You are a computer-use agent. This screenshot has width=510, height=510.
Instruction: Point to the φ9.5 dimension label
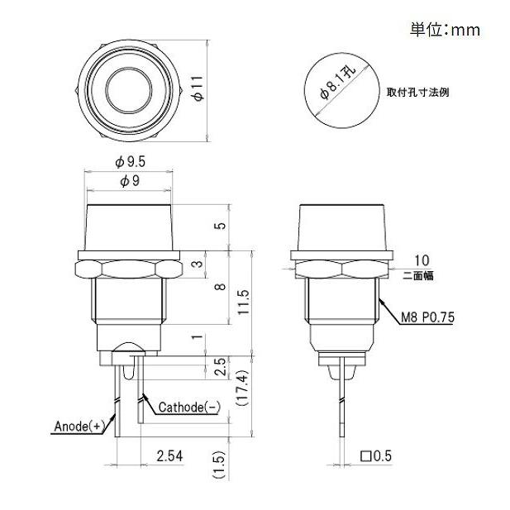point(131,162)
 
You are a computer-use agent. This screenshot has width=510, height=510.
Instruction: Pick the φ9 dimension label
point(131,182)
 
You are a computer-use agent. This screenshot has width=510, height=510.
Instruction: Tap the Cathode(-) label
point(188,406)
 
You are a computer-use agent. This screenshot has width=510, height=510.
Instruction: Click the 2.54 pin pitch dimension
point(169,455)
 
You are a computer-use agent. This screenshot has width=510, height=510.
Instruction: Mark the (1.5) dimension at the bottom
point(219,465)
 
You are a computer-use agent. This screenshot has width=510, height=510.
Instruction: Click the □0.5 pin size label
point(376,455)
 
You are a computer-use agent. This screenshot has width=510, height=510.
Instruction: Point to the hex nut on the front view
point(130,269)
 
